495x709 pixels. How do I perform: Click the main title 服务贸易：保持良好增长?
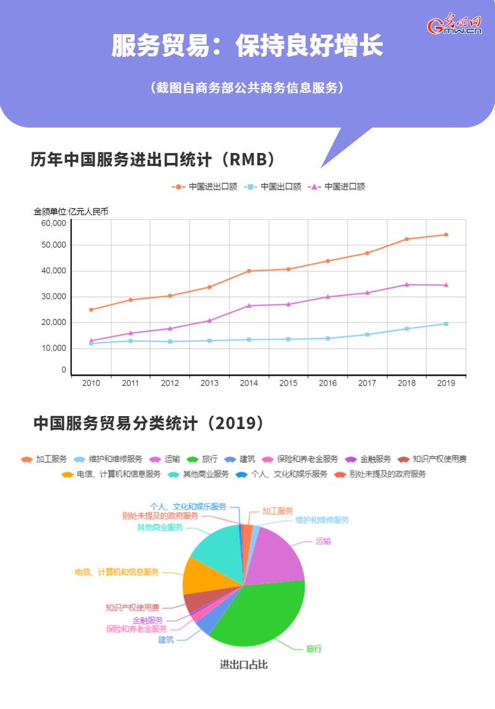point(247,46)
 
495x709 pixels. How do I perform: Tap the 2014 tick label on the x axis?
point(249,383)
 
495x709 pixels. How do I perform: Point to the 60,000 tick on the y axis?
point(54,223)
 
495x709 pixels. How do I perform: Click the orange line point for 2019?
point(446,235)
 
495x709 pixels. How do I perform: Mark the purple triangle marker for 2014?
point(249,305)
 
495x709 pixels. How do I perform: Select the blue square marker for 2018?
point(407,329)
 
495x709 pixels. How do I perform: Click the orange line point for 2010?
point(91,310)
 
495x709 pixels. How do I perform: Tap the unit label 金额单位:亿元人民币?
point(71,212)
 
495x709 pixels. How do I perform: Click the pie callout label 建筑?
point(166,640)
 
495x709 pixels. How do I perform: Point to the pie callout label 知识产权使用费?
point(132,607)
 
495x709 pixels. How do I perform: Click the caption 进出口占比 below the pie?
point(244,665)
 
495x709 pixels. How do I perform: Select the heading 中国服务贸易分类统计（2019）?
point(150,424)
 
